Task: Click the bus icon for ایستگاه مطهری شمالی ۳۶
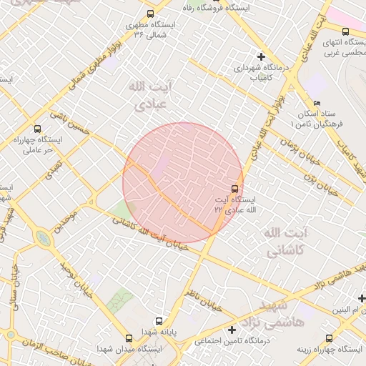click(150, 14)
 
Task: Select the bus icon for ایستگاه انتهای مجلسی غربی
click(346, 31)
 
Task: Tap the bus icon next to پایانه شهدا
click(159, 321)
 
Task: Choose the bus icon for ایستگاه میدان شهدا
click(129, 338)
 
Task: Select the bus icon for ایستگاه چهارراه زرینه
click(329, 338)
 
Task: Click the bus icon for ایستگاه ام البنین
click(330, 313)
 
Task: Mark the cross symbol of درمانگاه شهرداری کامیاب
click(261, 56)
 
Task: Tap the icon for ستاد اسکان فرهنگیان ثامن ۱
click(317, 104)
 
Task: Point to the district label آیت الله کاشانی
click(285, 242)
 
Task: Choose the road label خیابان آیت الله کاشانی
click(151, 235)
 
